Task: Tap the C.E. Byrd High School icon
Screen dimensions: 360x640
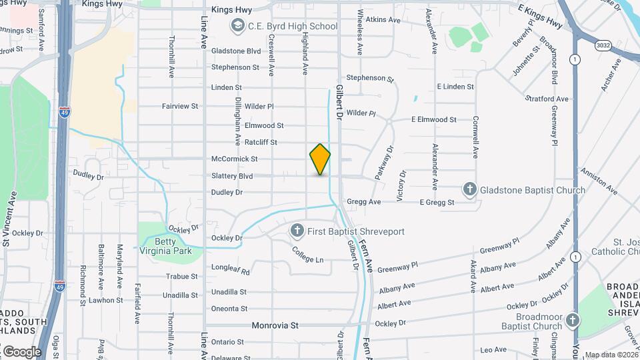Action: point(237,27)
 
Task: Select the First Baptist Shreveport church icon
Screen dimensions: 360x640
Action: point(297,231)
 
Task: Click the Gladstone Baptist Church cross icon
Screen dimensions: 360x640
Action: point(470,190)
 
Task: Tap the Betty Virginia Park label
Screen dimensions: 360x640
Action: point(165,246)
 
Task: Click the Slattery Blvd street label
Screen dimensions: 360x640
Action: point(232,176)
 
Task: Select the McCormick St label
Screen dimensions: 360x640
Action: point(234,159)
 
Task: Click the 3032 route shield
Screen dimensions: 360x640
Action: point(602,45)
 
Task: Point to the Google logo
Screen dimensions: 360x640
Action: point(22,351)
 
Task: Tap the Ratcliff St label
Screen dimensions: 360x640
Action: point(261,142)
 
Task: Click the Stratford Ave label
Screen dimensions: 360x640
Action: point(547,99)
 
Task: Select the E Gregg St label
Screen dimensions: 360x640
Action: point(437,202)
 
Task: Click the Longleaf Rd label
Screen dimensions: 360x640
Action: point(230,271)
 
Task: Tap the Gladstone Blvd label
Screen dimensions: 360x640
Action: point(236,51)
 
